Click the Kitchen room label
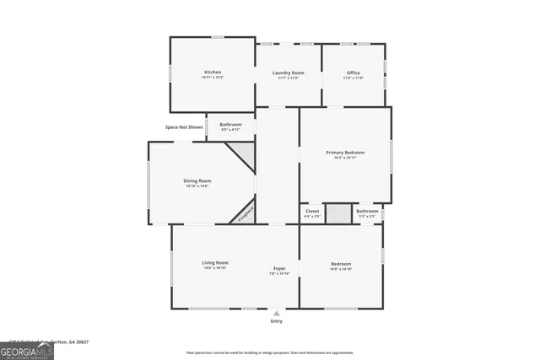213,73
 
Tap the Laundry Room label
288,73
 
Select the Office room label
353,73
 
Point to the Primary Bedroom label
345,153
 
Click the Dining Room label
197,180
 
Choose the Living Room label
215,262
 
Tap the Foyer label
279,268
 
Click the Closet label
312,211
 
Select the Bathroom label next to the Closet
367,211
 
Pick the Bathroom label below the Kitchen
230,125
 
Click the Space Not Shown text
184,127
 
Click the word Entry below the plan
277,321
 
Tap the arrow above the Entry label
277,313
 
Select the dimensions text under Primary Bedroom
345,158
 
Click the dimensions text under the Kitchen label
213,78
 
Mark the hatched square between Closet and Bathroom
337,213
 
